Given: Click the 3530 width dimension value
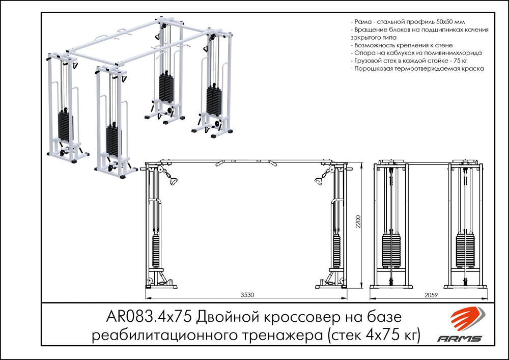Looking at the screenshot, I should pyautogui.click(x=248, y=294).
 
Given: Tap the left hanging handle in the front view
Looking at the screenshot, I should pyautogui.click(x=172, y=181).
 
